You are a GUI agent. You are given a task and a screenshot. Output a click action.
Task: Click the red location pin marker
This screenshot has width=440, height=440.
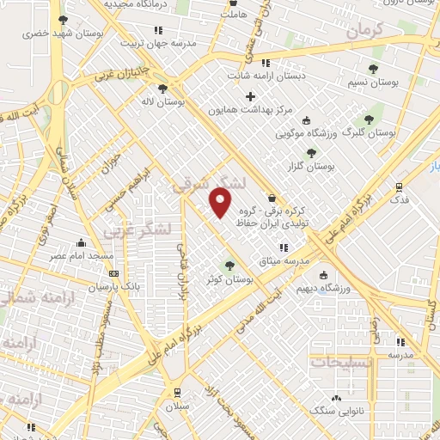pyautogui.click(x=221, y=202)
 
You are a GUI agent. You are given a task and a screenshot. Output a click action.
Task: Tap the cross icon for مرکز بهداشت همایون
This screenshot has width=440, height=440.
pyautogui.click(x=251, y=96)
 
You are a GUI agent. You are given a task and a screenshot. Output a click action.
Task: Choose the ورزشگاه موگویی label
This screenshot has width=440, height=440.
pyautogui.click(x=304, y=133)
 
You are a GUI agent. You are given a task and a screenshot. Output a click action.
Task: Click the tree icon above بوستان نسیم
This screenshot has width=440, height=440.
pyautogui.click(x=372, y=68)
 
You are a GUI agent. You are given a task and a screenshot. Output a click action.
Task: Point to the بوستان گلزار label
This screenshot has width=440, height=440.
pyautogui.click(x=311, y=165)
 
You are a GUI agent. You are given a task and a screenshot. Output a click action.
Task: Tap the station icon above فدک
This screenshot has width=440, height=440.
pyautogui.click(x=399, y=186)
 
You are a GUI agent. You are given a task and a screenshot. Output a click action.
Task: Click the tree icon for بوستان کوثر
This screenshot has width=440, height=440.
pyautogui.click(x=229, y=266)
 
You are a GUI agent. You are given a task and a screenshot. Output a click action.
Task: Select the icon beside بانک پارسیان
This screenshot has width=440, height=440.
pyautogui.click(x=113, y=273)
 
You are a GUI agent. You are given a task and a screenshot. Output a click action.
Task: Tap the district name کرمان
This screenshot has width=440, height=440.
pyautogui.click(x=377, y=32)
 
